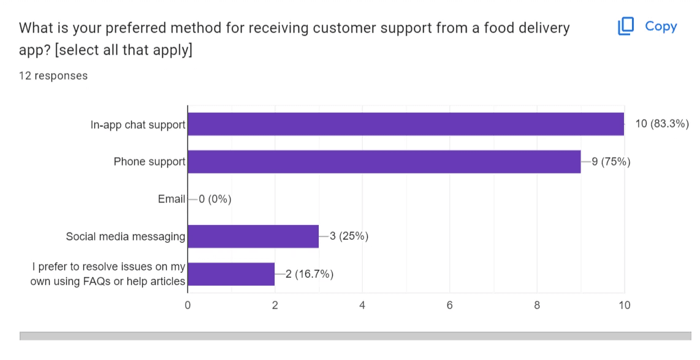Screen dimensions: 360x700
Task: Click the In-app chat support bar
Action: (x=405, y=124)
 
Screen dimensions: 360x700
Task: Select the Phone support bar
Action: (x=384, y=162)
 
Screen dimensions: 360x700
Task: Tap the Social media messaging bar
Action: (x=253, y=236)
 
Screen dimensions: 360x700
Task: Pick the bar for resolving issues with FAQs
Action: (x=230, y=274)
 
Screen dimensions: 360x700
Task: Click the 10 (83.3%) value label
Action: (x=662, y=124)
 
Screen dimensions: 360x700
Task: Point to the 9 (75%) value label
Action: (x=611, y=162)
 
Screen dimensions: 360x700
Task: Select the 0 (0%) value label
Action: (x=215, y=199)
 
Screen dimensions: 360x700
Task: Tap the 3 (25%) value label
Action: (x=349, y=236)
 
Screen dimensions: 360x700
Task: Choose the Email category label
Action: (x=171, y=199)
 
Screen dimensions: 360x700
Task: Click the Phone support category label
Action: (x=149, y=162)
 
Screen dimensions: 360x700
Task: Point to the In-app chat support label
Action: (x=137, y=124)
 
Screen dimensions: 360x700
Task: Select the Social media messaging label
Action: (x=125, y=236)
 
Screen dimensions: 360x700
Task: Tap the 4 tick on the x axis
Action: (x=362, y=305)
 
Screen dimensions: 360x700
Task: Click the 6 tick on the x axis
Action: (x=449, y=305)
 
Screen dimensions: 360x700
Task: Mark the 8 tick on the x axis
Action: (x=537, y=305)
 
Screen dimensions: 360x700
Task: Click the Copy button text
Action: (x=661, y=26)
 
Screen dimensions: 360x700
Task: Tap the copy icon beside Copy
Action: (x=626, y=26)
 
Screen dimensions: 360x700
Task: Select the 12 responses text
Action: (x=53, y=76)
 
